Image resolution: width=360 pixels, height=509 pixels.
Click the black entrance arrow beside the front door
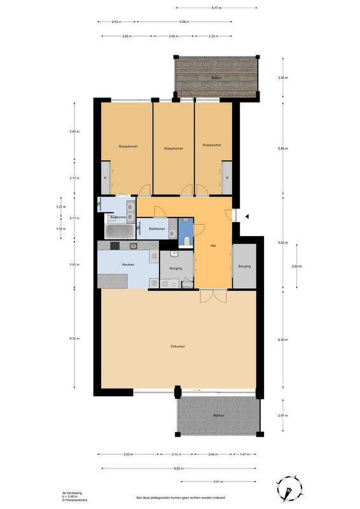pyautogui.click(x=247, y=217)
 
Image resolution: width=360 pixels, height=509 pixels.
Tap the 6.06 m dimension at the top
pyautogui.click(x=184, y=22)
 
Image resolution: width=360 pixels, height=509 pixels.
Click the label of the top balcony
pyautogui.click(x=216, y=78)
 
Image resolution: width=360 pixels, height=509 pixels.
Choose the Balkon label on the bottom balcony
pyautogui.click(x=219, y=415)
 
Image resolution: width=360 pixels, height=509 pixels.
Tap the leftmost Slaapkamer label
pyautogui.click(x=128, y=146)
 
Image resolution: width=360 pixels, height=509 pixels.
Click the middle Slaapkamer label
pyautogui.click(x=173, y=148)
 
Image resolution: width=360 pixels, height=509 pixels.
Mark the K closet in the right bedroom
pyautogui.click(x=227, y=178)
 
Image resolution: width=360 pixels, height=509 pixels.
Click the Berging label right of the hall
pyautogui.click(x=244, y=266)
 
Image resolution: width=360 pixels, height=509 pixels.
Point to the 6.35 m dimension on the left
pyautogui.click(x=74, y=339)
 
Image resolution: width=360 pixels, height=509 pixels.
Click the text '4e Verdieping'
pyautogui.click(x=71, y=493)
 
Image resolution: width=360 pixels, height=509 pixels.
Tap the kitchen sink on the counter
pyautogui.click(x=134, y=246)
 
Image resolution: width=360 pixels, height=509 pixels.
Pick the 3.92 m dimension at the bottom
pyautogui.click(x=128, y=454)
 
